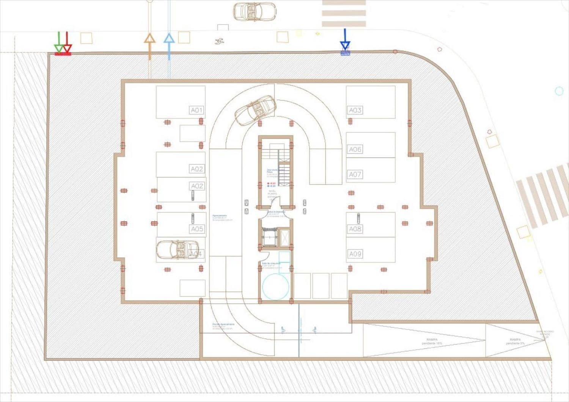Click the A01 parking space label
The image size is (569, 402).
pyautogui.click(x=196, y=110)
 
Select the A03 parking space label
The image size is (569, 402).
pyautogui.click(x=355, y=110)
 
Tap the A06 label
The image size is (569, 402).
pyautogui.click(x=355, y=149)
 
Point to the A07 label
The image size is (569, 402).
pyautogui.click(x=355, y=175)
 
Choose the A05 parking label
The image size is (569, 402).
pyautogui.click(x=197, y=229)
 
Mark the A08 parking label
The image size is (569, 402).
pyautogui.click(x=355, y=229)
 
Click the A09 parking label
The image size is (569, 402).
pyautogui.click(x=355, y=254)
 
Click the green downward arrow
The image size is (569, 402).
pyautogui.click(x=59, y=43)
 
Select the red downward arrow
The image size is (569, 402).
pyautogui.click(x=67, y=43)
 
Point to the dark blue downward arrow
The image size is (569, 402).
pyautogui.click(x=345, y=40)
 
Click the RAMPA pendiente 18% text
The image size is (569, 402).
pyautogui.click(x=432, y=341)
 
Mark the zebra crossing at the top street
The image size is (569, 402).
pyautogui.click(x=344, y=13)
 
